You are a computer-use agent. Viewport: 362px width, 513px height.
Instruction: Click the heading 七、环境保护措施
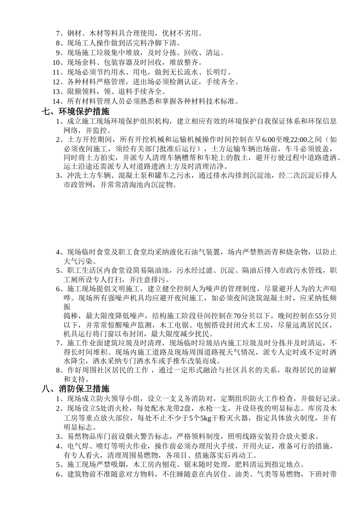75,112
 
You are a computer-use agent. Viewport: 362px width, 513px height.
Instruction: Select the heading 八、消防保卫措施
75,389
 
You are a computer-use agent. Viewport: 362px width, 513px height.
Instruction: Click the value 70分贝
259,316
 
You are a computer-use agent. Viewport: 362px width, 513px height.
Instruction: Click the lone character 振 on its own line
67,307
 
